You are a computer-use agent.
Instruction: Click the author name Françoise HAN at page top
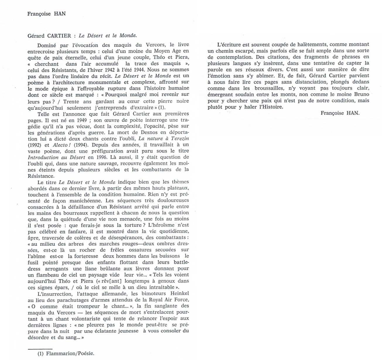coord(46,14)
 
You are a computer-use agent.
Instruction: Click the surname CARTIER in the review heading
coord(59,36)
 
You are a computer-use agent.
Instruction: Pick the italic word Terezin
coord(179,139)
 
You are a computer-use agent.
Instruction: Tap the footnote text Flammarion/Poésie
coord(70,354)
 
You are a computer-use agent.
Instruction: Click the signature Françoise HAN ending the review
coord(340,113)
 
